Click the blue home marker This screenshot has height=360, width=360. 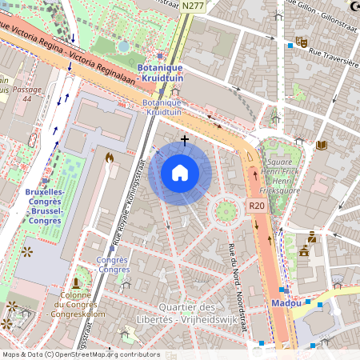pyautogui.click(x=180, y=173)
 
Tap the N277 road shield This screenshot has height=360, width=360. pyautogui.click(x=191, y=6)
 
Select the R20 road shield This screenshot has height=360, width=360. pyautogui.click(x=256, y=206)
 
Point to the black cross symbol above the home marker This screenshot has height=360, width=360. pyautogui.click(x=185, y=140)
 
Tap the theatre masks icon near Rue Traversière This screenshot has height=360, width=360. pyautogui.click(x=302, y=41)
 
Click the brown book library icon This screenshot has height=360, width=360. pyautogui.click(x=322, y=146)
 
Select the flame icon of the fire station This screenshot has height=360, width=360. pyautogui.click(x=109, y=158)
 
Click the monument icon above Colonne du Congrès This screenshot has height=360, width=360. pyautogui.click(x=76, y=282)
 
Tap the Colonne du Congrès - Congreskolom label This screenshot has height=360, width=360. pyautogui.click(x=75, y=305)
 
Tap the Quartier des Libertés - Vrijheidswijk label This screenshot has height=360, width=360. pyautogui.click(x=199, y=314)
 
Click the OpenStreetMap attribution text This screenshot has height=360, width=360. pyautogui.click(x=80, y=354)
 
